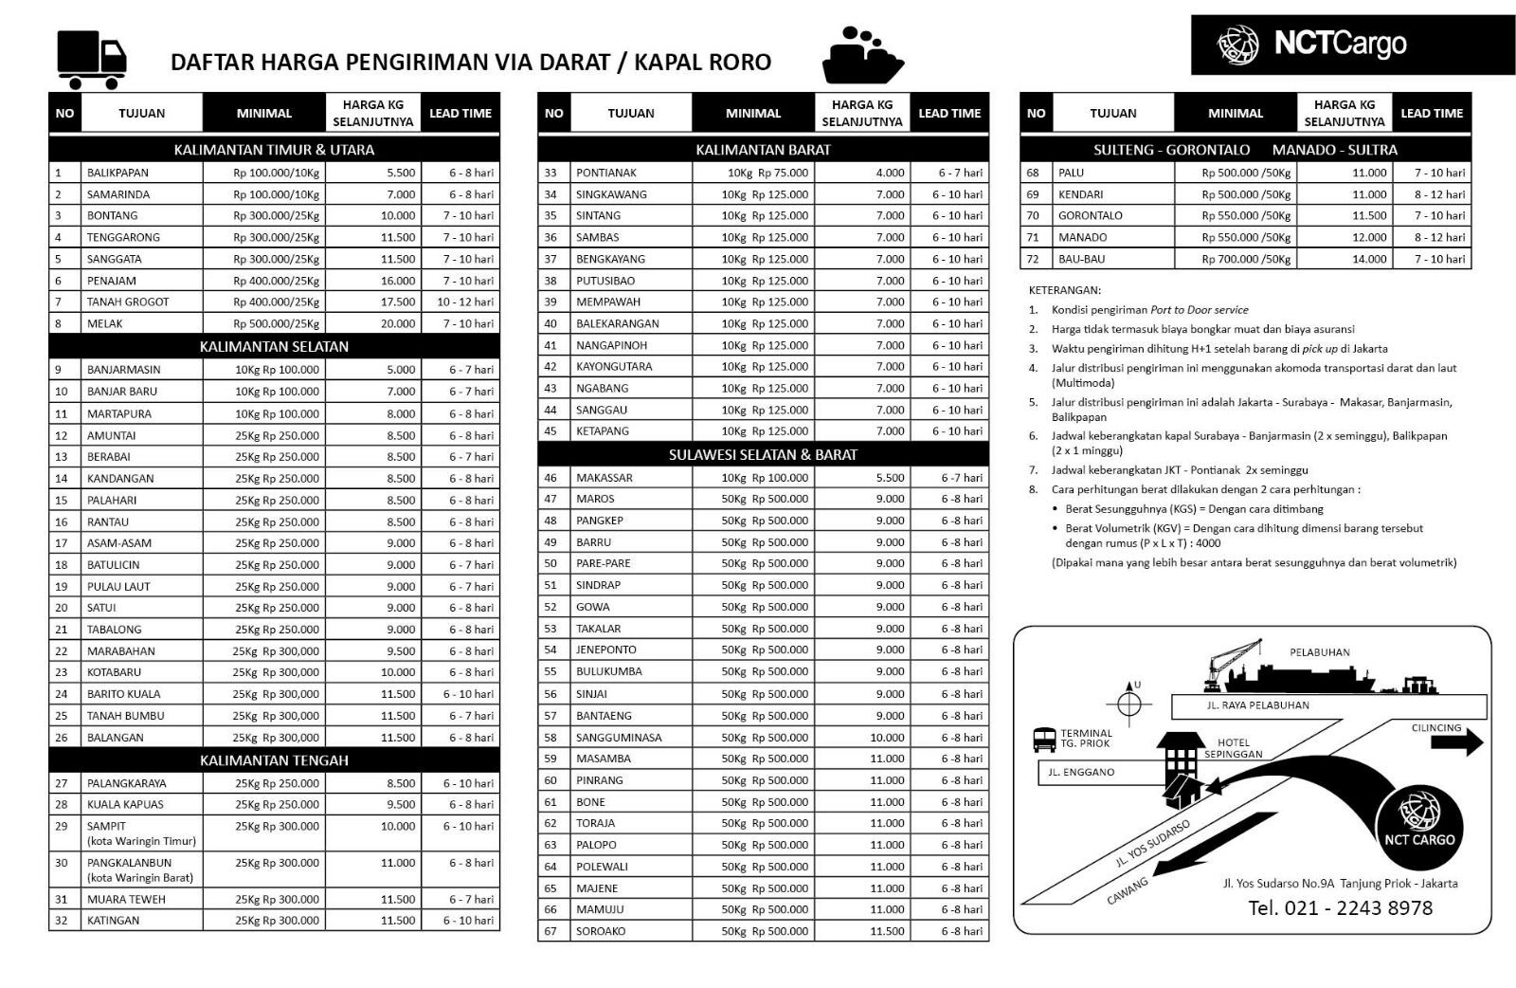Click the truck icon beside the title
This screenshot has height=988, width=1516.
[92, 59]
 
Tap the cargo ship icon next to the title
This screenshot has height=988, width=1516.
[861, 57]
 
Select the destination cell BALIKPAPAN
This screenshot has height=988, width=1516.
[118, 173]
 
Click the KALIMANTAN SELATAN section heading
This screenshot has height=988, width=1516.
[274, 346]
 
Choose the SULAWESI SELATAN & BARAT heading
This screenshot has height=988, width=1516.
[763, 454]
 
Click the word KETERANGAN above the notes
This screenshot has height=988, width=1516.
[1064, 290]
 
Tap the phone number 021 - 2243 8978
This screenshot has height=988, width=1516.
[1340, 908]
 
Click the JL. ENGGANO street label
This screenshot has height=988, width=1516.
[1081, 772]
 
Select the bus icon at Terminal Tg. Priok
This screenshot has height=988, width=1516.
[1044, 740]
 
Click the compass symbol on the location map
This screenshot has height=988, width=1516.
[1128, 703]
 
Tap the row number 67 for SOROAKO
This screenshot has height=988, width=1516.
[550, 931]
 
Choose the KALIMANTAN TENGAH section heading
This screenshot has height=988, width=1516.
[274, 760]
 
